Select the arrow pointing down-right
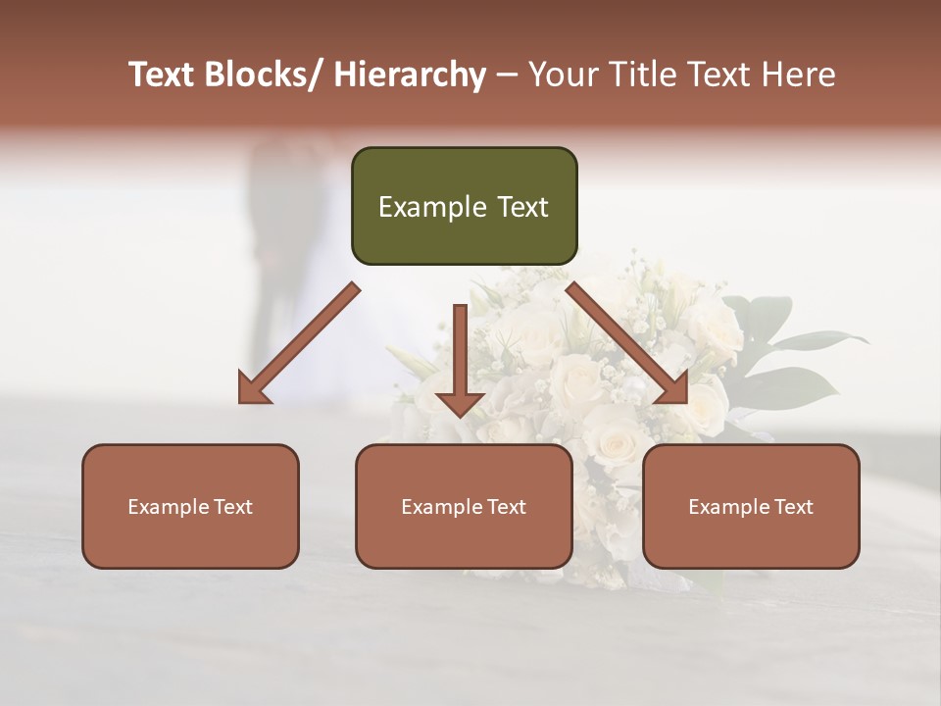627,343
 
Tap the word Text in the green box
522,207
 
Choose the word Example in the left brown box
169,507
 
